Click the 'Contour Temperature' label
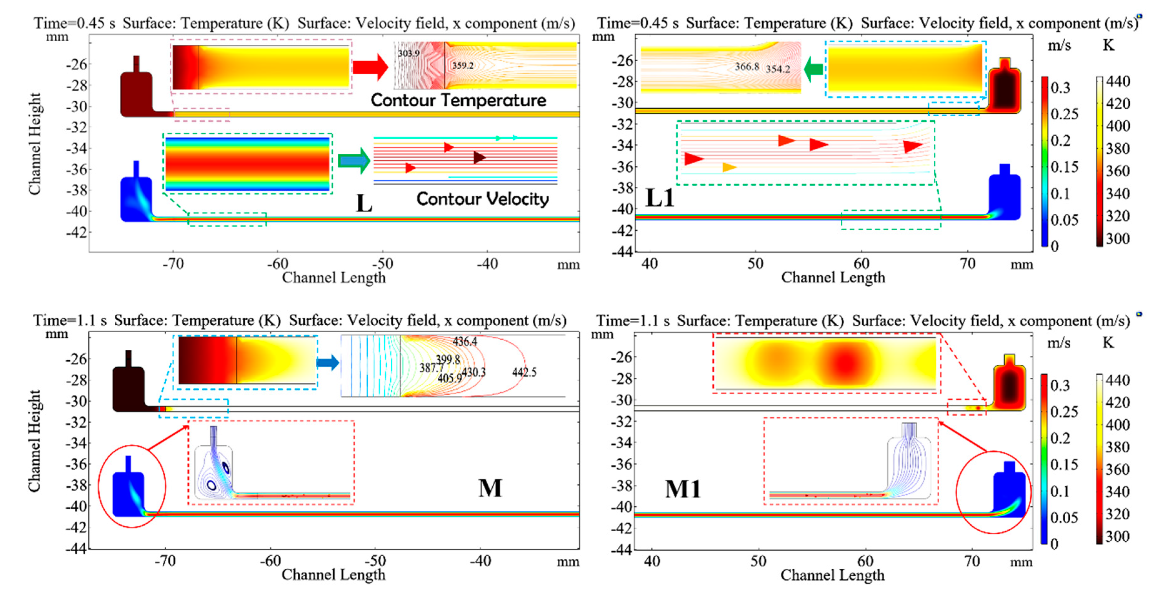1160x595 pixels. [x=458, y=100]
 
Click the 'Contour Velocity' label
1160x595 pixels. [x=482, y=199]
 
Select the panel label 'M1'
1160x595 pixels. [x=683, y=489]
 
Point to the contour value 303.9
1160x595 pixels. [x=408, y=53]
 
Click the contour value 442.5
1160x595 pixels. [x=524, y=372]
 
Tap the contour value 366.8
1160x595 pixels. [x=747, y=67]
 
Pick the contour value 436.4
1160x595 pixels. [x=465, y=342]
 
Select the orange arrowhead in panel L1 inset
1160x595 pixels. [x=729, y=167]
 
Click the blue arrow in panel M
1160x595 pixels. [x=328, y=362]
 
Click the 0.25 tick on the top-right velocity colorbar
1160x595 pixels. [x=1064, y=114]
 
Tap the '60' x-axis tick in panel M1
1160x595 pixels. [x=865, y=561]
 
